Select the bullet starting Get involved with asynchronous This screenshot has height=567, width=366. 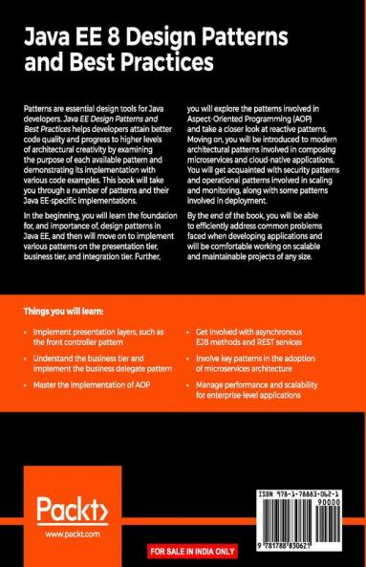click(258, 335)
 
